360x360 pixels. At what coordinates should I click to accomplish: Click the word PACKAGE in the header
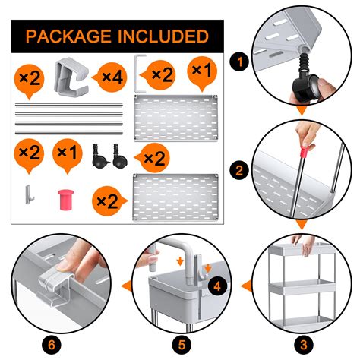tap(68, 36)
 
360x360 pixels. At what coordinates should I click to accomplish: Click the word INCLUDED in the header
tap(163, 36)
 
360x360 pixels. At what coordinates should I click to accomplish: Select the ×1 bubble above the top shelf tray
tap(202, 71)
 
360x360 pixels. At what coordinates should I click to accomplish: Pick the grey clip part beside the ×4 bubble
tap(71, 77)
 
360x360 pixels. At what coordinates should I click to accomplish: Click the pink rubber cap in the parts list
tap(66, 200)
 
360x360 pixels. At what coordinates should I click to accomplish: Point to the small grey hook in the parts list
tap(29, 194)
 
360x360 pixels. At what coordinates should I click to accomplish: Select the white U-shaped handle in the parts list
tap(136, 74)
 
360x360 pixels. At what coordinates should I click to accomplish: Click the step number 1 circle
tap(239, 62)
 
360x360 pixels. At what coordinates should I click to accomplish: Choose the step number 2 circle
tap(239, 170)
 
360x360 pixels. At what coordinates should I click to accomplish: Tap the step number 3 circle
tap(304, 345)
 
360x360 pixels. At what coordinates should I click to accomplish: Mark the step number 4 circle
tap(217, 286)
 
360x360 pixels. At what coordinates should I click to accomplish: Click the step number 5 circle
tap(182, 345)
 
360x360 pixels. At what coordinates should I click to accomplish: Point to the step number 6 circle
tap(52, 345)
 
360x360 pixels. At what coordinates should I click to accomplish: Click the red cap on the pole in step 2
tap(305, 152)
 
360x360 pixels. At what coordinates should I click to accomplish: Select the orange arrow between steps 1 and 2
tap(302, 111)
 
